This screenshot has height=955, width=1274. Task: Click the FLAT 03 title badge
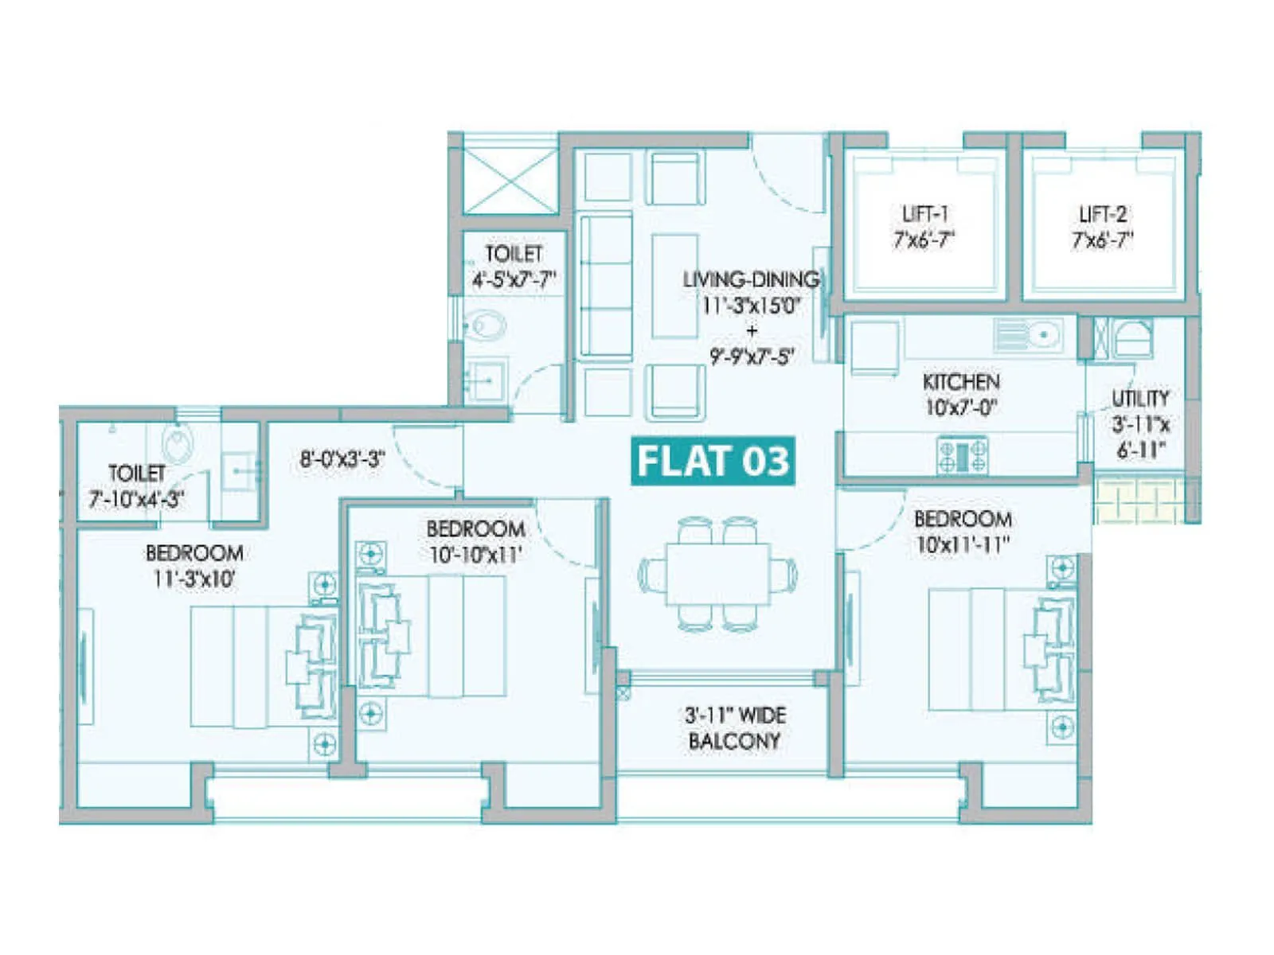[713, 461]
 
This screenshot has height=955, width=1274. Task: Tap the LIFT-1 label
[924, 227]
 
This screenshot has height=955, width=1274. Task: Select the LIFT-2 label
[1102, 227]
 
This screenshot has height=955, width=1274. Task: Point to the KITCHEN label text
[961, 382]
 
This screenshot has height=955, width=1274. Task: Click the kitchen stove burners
[962, 456]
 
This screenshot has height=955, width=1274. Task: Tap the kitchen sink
[1029, 334]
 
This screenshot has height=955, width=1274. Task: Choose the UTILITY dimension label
[1140, 423]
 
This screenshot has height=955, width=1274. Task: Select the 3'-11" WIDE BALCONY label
[734, 727]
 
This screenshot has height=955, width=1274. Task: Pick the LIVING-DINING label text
[751, 279]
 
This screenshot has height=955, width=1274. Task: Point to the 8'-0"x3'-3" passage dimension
[342, 459]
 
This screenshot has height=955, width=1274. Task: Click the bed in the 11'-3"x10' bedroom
[255, 666]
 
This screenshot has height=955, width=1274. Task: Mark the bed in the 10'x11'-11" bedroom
[995, 649]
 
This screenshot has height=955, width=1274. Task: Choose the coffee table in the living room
[675, 286]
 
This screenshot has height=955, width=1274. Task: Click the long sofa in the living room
[605, 286]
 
